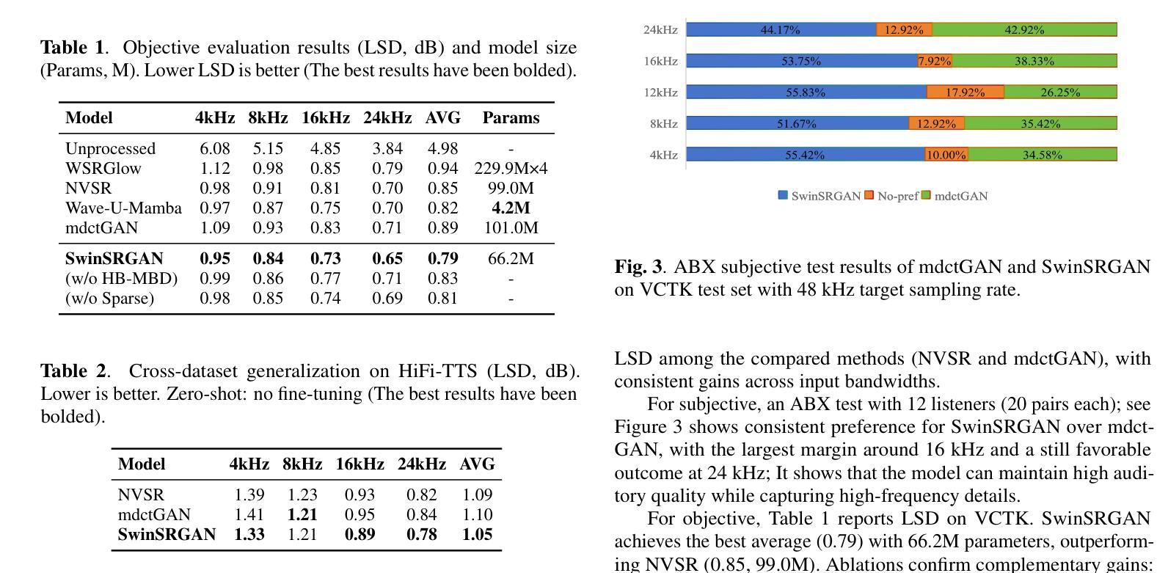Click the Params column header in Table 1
511,118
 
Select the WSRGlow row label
103,169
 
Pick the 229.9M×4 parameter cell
511,169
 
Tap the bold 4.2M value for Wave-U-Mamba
511,208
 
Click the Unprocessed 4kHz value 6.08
215,149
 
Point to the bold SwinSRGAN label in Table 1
114,259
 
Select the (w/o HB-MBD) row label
122,279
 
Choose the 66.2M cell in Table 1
511,259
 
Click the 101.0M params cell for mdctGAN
511,228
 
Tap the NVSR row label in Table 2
141,495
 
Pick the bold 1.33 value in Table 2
249,535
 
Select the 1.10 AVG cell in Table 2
477,515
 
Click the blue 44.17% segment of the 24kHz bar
781,30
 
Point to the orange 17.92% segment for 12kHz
965,92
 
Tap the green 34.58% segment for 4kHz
1042,155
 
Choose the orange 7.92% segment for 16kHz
934,61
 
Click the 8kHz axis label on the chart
663,124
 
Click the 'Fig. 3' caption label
638,267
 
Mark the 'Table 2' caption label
73,371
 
